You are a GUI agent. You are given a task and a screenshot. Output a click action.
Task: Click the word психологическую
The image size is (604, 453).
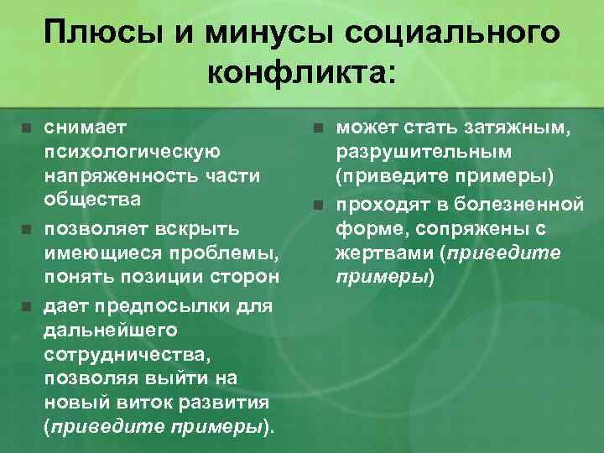132,152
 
